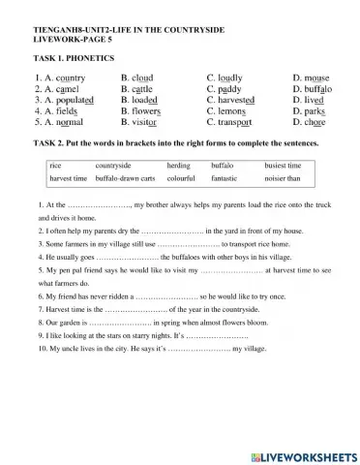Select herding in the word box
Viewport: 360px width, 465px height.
coord(178,166)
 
